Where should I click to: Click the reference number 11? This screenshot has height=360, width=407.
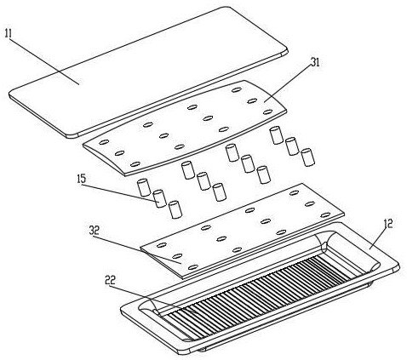tap(8, 33)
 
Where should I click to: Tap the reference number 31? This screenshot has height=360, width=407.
tap(314, 63)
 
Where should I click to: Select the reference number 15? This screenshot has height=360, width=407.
tap(81, 179)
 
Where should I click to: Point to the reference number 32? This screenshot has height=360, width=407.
tap(94, 230)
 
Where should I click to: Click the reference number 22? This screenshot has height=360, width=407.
tap(110, 281)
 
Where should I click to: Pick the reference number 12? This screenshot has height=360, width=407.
tap(387, 224)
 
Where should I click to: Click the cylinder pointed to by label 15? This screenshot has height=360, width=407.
tap(160, 198)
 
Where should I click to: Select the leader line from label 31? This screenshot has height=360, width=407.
tap(288, 84)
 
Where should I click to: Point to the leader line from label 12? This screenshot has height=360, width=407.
tap(379, 238)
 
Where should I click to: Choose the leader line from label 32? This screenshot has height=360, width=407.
tap(135, 249)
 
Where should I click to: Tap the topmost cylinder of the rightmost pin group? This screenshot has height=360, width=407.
tap(276, 135)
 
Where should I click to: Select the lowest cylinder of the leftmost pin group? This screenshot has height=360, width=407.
tap(175, 209)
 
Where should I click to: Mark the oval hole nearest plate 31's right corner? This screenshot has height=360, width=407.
tap(267, 112)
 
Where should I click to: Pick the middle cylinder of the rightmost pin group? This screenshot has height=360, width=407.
tap(292, 146)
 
